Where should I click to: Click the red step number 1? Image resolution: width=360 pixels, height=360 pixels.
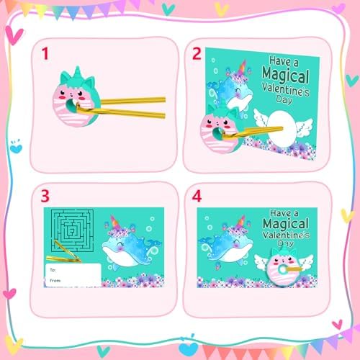[45, 53]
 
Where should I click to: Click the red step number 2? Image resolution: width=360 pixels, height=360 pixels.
[197, 54]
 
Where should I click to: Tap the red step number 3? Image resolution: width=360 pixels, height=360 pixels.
[45, 196]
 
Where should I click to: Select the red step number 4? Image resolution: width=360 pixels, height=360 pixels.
[197, 197]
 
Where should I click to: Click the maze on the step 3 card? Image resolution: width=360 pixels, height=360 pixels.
[73, 230]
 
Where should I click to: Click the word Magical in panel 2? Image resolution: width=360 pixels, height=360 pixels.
[286, 76]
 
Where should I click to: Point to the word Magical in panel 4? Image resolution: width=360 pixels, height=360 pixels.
[286, 224]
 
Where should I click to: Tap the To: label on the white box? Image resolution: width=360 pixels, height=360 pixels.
[53, 270]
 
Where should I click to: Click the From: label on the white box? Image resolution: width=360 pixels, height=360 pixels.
[55, 280]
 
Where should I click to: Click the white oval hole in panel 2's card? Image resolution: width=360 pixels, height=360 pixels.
[282, 129]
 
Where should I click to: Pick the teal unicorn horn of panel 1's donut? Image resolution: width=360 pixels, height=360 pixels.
[77, 71]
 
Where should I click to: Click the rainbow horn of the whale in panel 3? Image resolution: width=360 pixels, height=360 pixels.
[114, 222]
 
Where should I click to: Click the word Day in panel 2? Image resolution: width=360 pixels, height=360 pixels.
[284, 99]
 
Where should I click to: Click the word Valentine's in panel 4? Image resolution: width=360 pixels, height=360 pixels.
[286, 235]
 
